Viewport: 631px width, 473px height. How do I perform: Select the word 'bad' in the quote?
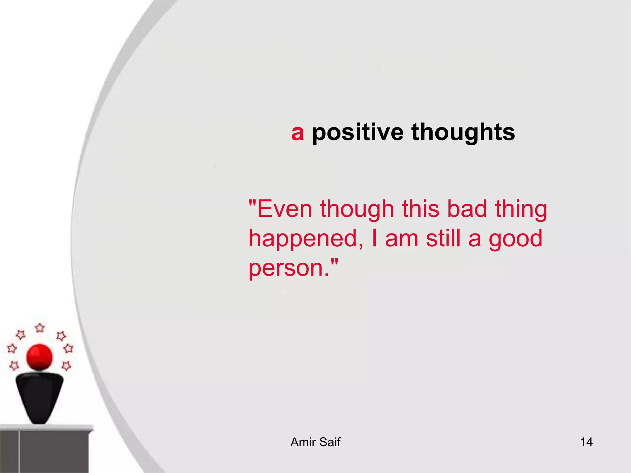click(467, 209)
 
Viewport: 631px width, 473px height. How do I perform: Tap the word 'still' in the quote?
click(443, 239)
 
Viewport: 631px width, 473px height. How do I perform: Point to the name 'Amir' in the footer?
click(303, 442)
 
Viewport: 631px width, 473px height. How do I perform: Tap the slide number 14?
click(586, 442)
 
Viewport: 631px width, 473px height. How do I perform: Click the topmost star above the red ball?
click(40, 328)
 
